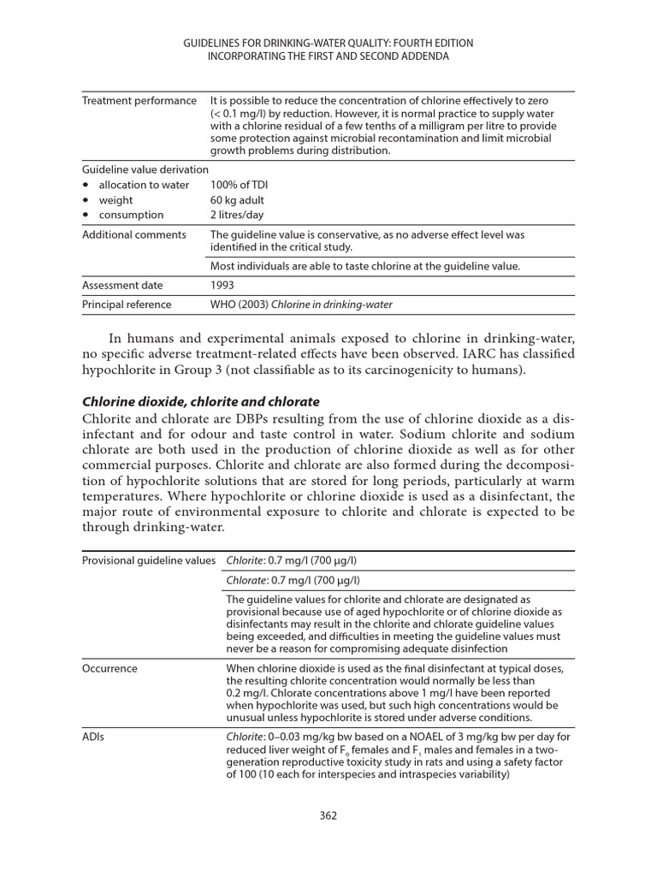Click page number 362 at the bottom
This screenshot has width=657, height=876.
tap(328, 815)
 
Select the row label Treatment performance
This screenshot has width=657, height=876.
tap(139, 101)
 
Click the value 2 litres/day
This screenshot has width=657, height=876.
tap(237, 215)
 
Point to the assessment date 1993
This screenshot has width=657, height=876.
tap(222, 285)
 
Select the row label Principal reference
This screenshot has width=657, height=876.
tap(127, 305)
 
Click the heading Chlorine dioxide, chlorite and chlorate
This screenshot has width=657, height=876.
tap(200, 401)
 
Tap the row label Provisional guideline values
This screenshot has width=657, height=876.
tap(149, 560)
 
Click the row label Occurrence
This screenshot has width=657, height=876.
tap(109, 668)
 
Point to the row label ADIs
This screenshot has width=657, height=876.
tap(94, 736)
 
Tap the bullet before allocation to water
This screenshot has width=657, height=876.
tap(86, 185)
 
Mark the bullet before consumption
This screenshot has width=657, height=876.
tap(86, 215)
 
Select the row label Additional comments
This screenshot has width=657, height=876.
tap(133, 234)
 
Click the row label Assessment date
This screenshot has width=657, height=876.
tap(122, 285)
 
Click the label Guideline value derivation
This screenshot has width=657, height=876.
tap(145, 169)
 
